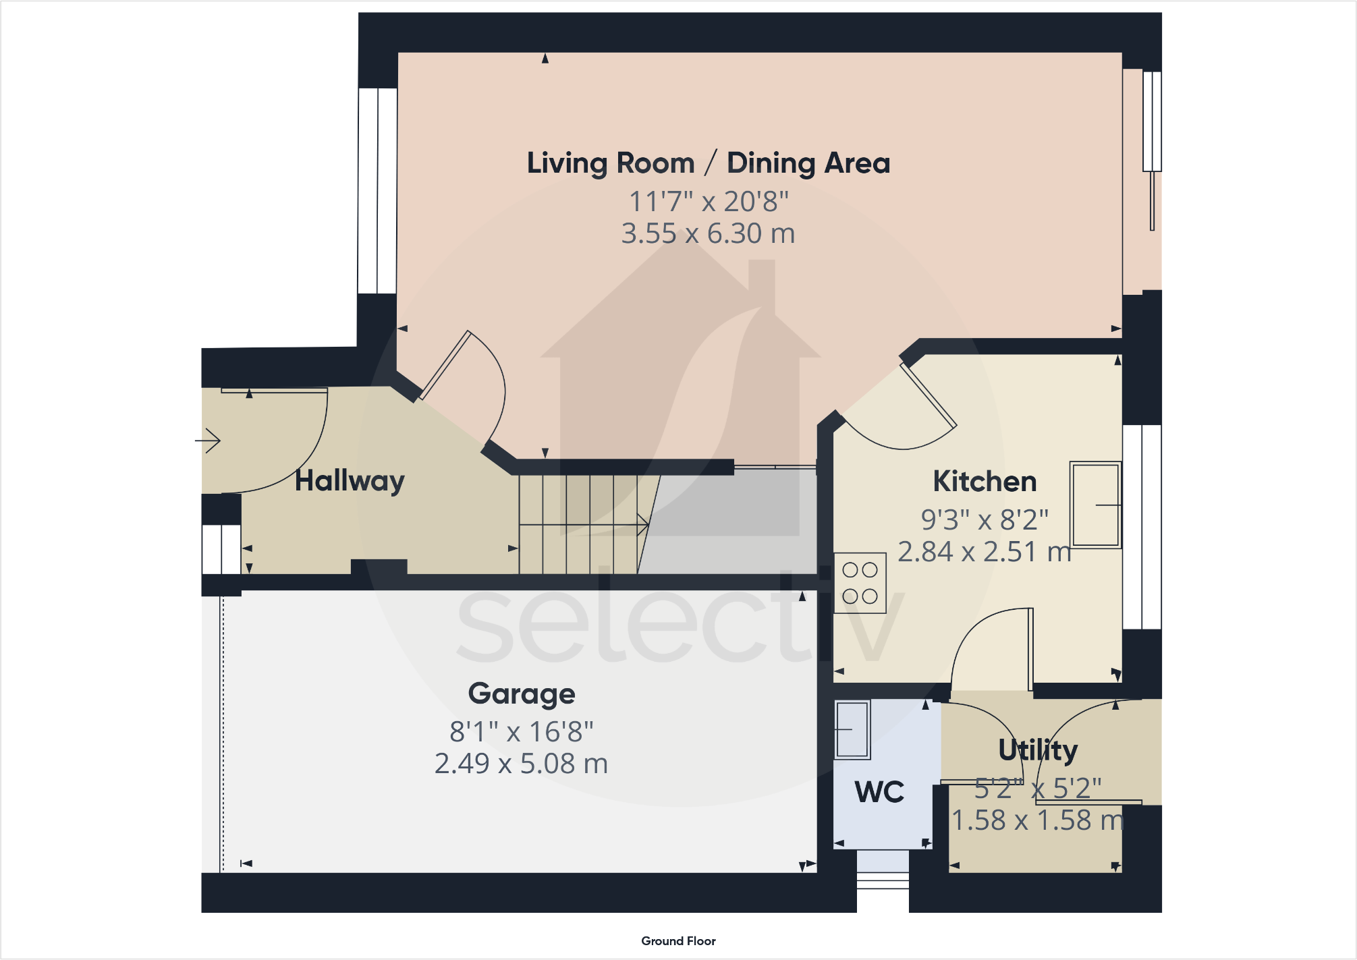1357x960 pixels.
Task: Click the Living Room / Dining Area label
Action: click(708, 163)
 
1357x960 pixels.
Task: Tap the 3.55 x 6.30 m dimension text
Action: click(708, 233)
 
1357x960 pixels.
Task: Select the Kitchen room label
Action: click(985, 482)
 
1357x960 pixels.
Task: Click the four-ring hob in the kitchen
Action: click(860, 583)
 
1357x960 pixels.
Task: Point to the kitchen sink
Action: click(1095, 504)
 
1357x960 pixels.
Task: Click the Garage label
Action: click(521, 694)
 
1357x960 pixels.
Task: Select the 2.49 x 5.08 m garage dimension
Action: click(521, 764)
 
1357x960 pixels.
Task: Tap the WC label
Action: click(879, 792)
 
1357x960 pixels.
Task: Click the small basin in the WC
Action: click(852, 729)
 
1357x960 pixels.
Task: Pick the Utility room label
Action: click(1038, 750)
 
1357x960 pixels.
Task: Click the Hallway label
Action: click(350, 481)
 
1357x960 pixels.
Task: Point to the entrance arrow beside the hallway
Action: click(209, 441)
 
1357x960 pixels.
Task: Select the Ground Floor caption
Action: click(678, 941)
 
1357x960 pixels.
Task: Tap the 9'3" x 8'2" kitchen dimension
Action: click(985, 520)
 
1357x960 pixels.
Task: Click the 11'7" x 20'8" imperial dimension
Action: click(708, 201)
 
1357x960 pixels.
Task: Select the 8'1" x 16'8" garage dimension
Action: click(521, 732)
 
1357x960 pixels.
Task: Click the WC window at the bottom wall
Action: click(883, 880)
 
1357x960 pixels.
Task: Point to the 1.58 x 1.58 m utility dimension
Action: click(1038, 820)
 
